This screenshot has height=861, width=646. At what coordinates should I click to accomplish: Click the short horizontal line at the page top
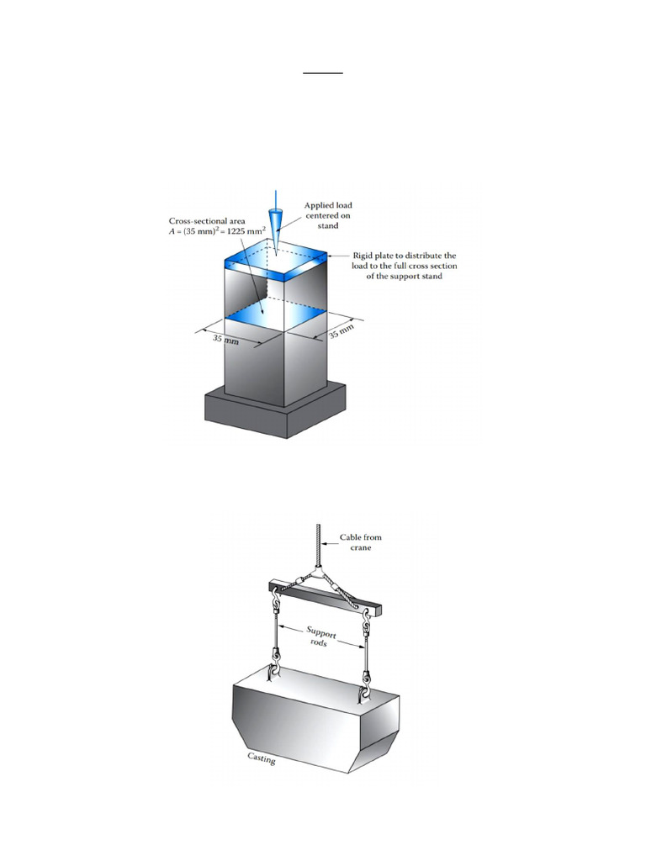(323, 73)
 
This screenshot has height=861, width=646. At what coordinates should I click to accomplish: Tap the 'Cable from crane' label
(360, 541)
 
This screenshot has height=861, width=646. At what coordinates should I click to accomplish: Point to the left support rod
(276, 635)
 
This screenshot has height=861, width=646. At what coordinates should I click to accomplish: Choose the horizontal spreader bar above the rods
(320, 593)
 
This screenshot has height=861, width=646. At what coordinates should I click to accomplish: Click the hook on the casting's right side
(366, 690)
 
